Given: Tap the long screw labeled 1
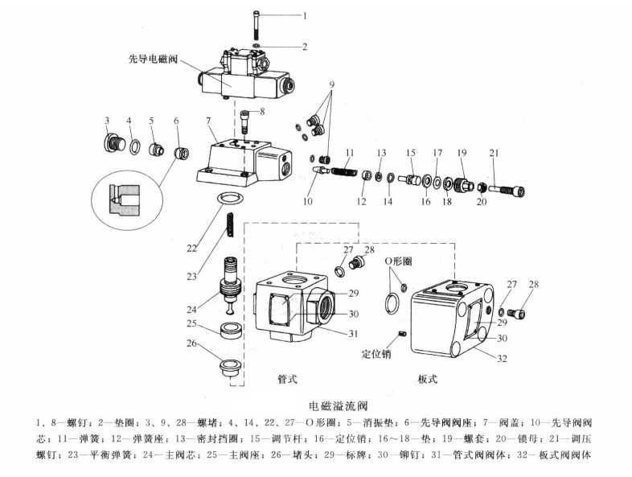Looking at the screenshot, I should pyautogui.click(x=255, y=27).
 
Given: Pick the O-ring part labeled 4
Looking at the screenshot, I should pyautogui.click(x=136, y=148).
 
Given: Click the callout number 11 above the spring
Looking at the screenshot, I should pyautogui.click(x=349, y=151).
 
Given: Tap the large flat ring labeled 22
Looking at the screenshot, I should pyautogui.click(x=232, y=199).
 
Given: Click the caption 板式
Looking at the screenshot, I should pyautogui.click(x=427, y=378).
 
